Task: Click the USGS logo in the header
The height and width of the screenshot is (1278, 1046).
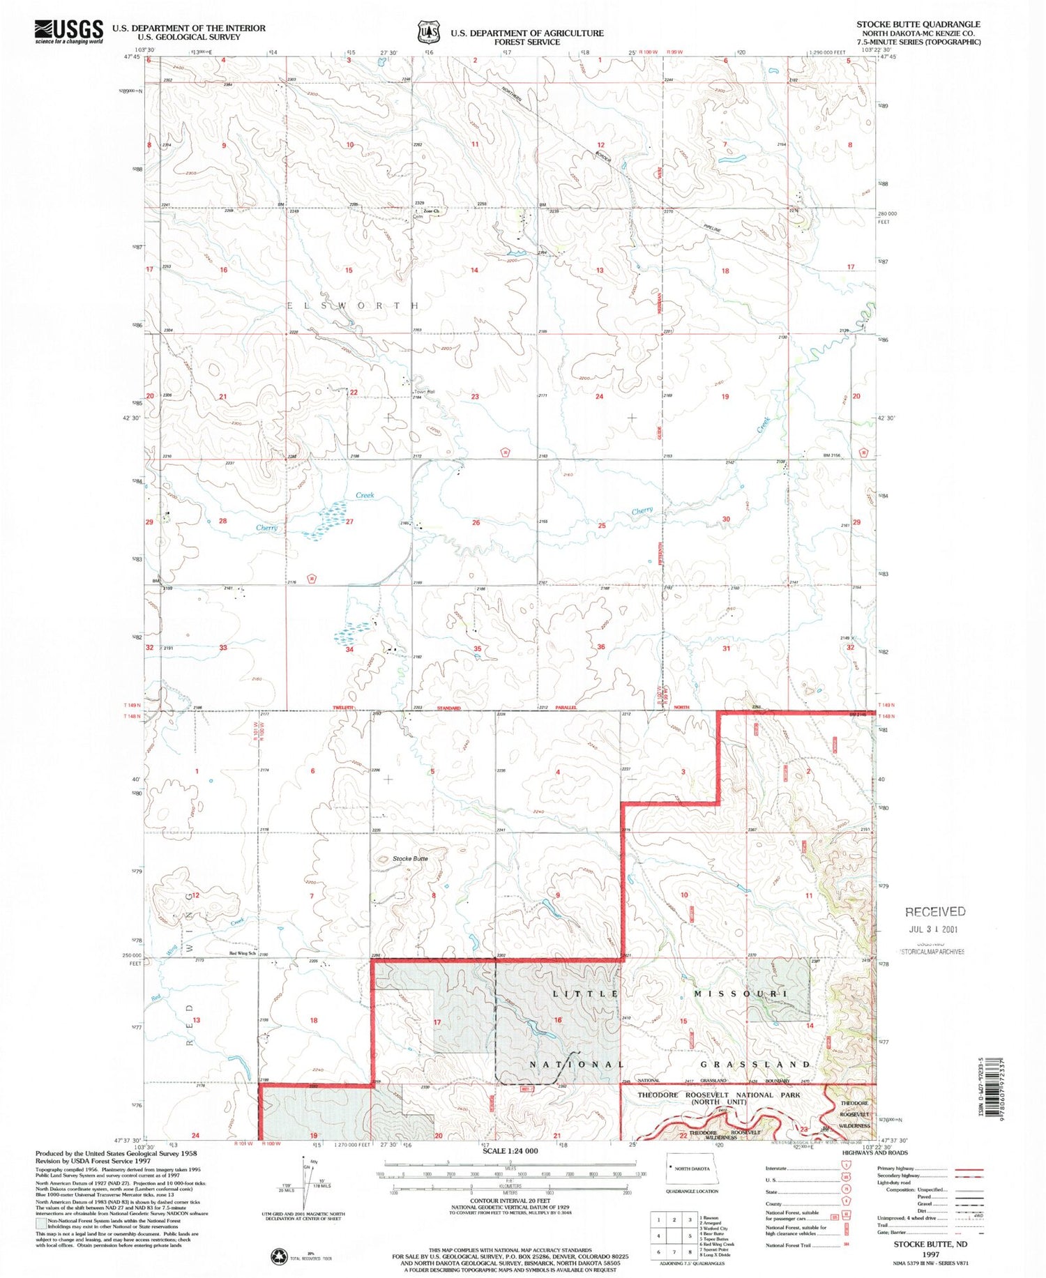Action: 68,31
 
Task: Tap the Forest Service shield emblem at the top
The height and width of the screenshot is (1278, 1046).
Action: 428,32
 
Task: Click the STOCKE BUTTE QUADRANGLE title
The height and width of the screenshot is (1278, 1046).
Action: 918,24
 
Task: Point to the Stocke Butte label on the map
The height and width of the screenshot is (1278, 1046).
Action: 410,858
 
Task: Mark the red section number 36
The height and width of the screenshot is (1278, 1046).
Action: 601,647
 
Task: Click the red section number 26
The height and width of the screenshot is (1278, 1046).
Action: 476,522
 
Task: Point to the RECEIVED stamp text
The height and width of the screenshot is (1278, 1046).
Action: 935,911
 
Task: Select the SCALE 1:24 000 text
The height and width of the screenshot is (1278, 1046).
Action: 510,1150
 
